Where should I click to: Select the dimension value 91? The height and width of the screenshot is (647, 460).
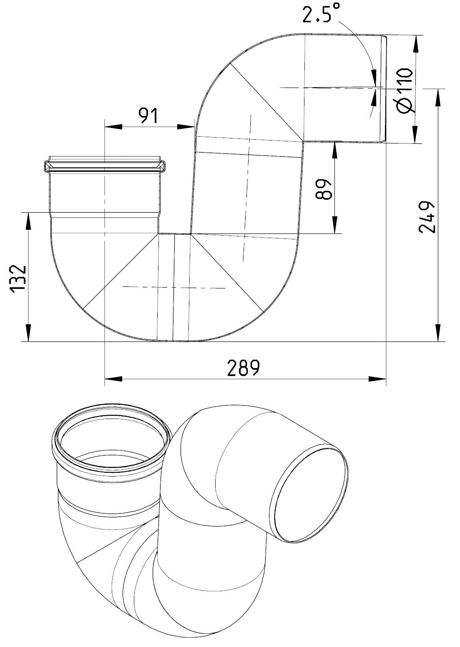[148, 116]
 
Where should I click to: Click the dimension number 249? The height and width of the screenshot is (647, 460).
[427, 217]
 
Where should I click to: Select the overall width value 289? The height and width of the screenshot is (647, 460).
[244, 368]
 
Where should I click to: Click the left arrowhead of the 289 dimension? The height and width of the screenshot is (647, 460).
[113, 379]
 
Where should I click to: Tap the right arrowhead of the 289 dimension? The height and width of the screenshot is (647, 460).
[377, 379]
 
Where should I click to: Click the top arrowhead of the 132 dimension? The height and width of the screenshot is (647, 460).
[28, 221]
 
